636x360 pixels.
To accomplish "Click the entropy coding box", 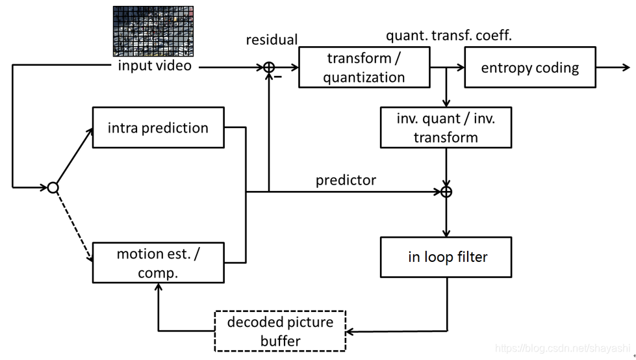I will (x=529, y=68).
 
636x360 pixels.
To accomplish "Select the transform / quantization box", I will (x=364, y=68).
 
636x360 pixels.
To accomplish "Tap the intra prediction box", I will (x=158, y=127).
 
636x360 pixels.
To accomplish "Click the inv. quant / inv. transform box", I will (x=446, y=128).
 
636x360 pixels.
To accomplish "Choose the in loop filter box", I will (x=447, y=257).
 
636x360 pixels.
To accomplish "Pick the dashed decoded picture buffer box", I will (x=280, y=331).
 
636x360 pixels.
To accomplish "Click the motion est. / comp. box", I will (x=158, y=263).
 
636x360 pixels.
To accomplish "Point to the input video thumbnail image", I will (x=154, y=31).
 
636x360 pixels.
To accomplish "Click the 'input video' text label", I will (x=155, y=66).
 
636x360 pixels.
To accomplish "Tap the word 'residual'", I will (x=272, y=40).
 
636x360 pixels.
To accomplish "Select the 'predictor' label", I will (x=346, y=181).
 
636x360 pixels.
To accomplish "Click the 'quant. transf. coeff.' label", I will (x=449, y=36).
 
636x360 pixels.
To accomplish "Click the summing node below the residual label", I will (x=268, y=67).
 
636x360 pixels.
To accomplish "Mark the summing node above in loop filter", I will (x=446, y=192).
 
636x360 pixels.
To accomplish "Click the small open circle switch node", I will (x=53, y=188).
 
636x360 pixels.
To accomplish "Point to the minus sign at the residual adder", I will (x=278, y=77).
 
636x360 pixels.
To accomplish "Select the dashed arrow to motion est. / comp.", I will (x=72, y=225).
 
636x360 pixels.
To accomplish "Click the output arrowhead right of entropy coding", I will (x=625, y=67).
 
